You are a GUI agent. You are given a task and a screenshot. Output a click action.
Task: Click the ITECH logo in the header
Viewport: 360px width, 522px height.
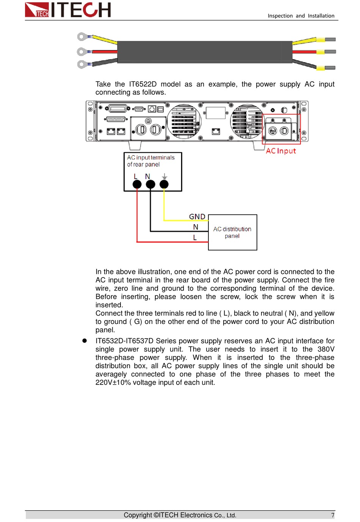pyautogui.click(x=67, y=9)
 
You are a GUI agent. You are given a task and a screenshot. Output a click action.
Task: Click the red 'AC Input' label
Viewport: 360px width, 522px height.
pyautogui.click(x=281, y=151)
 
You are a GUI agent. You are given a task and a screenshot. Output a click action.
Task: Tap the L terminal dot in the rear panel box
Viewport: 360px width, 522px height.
pyautogui.click(x=137, y=184)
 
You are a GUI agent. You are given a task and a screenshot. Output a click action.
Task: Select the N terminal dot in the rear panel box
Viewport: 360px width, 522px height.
pyautogui.click(x=150, y=184)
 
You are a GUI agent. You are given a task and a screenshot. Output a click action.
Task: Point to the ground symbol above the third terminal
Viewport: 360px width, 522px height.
pyautogui.click(x=164, y=176)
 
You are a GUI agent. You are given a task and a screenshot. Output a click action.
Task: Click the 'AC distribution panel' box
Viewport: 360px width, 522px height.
pyautogui.click(x=232, y=232)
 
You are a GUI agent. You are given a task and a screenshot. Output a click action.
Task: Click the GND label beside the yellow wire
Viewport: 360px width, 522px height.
pyautogui.click(x=197, y=217)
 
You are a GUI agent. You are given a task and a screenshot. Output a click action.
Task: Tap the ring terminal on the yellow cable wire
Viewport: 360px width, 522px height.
pyautogui.click(x=81, y=37)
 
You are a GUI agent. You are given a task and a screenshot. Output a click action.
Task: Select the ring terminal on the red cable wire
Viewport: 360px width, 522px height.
pyautogui.click(x=81, y=52)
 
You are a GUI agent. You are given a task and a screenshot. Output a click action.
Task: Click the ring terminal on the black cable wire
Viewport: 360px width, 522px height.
pyautogui.click(x=81, y=64)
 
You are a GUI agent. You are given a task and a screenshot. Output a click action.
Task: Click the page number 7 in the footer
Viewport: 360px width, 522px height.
pyautogui.click(x=333, y=515)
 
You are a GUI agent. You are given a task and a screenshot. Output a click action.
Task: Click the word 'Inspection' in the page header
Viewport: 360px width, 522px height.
pyautogui.click(x=280, y=16)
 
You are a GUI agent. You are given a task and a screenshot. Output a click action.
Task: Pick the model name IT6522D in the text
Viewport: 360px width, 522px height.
pyautogui.click(x=143, y=84)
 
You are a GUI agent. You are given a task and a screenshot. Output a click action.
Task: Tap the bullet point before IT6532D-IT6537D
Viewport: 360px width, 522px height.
pyautogui.click(x=85, y=341)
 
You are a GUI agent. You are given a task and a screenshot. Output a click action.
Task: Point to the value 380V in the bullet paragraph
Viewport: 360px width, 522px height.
pyautogui.click(x=326, y=349)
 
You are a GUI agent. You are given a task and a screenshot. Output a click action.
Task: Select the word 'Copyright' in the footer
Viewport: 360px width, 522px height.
pyautogui.click(x=138, y=515)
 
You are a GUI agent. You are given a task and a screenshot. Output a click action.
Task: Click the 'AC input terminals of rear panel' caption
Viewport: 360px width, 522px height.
pyautogui.click(x=150, y=161)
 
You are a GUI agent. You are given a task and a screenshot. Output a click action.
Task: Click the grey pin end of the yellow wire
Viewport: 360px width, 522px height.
pyautogui.click(x=330, y=39)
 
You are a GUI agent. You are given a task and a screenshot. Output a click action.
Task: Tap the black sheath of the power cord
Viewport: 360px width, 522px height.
pyautogui.click(x=205, y=52)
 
